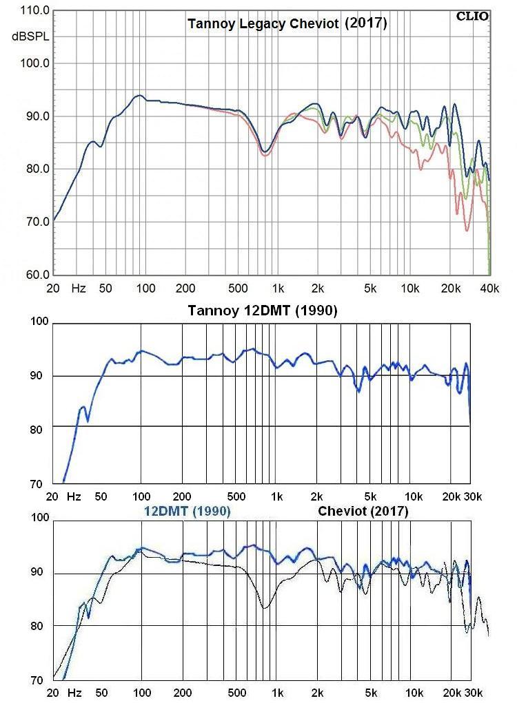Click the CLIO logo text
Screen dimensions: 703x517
pos(472,16)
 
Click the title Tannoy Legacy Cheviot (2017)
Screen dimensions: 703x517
pos(287,23)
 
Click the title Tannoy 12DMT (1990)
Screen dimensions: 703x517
pos(262,311)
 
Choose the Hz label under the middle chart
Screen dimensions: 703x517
pos(74,496)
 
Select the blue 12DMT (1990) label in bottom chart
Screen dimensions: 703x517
pos(187,512)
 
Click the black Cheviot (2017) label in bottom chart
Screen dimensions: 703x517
pos(363,512)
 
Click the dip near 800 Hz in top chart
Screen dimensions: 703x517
pos(265,151)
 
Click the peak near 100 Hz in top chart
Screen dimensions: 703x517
pos(139,96)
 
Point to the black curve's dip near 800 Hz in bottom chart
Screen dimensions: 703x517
pos(264,608)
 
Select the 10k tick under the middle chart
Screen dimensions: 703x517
pos(414,496)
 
